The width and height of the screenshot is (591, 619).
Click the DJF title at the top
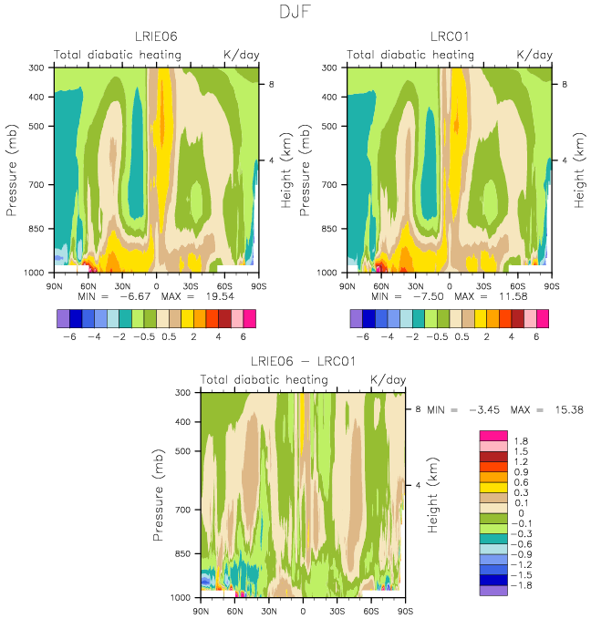point(295,12)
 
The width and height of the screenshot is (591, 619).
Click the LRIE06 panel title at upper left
point(156,36)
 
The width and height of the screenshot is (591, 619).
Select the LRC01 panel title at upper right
point(449,36)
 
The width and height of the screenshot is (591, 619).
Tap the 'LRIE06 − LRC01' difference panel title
point(303,361)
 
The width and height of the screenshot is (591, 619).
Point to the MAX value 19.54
point(220,296)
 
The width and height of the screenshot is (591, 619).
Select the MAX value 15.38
point(569,409)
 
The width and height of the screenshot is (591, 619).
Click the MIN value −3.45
point(484,409)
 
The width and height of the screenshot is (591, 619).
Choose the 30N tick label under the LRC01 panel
point(415,286)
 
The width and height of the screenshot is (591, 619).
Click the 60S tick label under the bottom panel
point(371,611)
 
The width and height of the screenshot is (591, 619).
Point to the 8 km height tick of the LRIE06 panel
point(271,84)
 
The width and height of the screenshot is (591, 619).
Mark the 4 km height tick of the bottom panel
point(418,485)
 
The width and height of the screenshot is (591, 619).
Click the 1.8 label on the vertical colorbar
point(521,441)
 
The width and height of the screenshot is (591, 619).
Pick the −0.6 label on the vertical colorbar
point(522,544)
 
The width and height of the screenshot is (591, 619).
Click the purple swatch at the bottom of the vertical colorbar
point(493,590)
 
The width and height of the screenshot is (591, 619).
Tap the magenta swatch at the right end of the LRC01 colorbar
point(543,318)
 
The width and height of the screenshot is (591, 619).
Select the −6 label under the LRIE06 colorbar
point(69,336)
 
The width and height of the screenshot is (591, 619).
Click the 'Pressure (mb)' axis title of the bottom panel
point(158,495)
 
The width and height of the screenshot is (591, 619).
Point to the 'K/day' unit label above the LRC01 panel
point(534,55)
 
